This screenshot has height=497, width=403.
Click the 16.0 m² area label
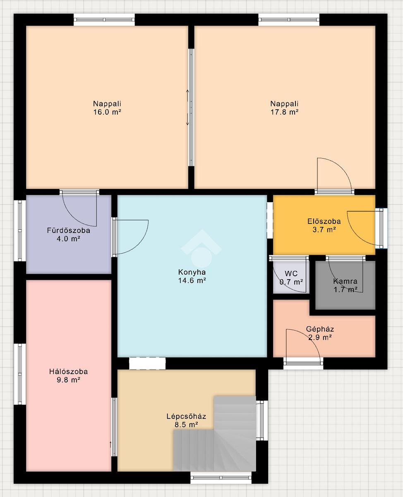point(107,112)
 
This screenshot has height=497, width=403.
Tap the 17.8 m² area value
point(284,112)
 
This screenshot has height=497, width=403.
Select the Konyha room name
point(192,272)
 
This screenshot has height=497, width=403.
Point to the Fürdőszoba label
point(69,230)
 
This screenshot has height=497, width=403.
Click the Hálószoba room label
point(69,371)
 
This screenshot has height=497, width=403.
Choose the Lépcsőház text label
point(186,416)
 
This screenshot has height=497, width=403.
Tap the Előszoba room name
point(324,221)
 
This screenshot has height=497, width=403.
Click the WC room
point(291,277)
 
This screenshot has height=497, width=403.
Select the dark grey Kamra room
point(345,285)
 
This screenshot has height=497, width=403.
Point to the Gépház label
point(320,329)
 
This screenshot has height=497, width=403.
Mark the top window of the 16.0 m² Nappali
point(104,19)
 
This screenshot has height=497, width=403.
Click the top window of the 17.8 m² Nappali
point(289,19)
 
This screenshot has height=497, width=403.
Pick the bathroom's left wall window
point(20,231)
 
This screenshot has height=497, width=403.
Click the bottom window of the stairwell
point(221,478)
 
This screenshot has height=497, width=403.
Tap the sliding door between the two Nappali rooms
point(191,107)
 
